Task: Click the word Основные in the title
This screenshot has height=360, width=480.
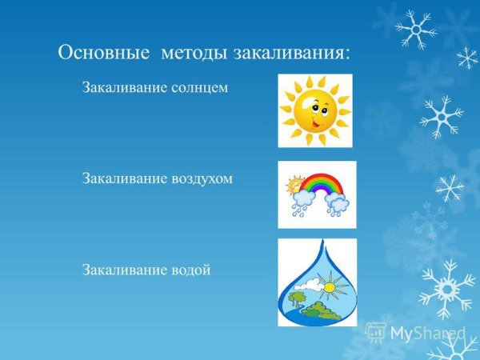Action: [x=105, y=53]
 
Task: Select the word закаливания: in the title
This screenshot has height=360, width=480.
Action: [x=291, y=53]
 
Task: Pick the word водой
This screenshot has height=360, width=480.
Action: [x=191, y=270]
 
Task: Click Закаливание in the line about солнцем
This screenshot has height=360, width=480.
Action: [x=124, y=87]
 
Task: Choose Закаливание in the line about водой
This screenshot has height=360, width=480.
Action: [x=124, y=270]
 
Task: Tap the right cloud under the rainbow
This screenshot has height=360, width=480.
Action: [x=338, y=204]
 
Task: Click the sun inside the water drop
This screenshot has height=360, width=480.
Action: [x=330, y=283]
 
